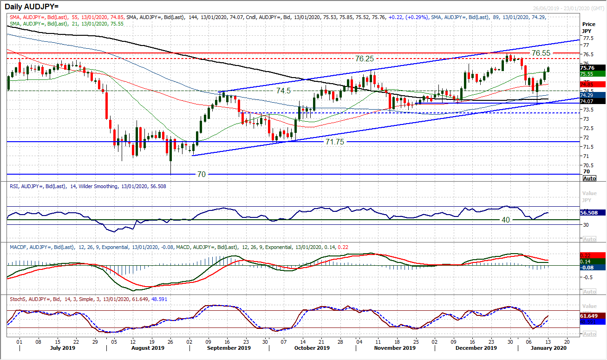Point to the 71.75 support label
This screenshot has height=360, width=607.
pyautogui.click(x=334, y=142)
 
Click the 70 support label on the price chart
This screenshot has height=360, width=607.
pyautogui.click(x=201, y=174)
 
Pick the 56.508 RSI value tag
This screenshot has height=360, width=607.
pyautogui.click(x=592, y=212)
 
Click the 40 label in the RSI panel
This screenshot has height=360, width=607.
pyautogui.click(x=506, y=220)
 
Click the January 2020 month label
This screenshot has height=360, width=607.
pyautogui.click(x=545, y=348)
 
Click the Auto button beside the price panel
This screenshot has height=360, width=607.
pyautogui.click(x=589, y=178)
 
